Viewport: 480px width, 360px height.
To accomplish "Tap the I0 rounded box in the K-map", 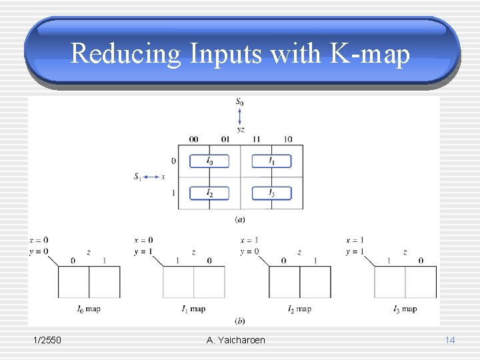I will click(209, 161).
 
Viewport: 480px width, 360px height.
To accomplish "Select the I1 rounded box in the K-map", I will click(271, 161).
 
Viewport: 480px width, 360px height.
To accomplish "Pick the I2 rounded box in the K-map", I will click(209, 193).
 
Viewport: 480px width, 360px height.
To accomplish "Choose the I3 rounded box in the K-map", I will click(271, 193).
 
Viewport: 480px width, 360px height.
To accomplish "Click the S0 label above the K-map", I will click(239, 102).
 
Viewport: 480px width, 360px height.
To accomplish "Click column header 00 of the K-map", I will click(193, 139).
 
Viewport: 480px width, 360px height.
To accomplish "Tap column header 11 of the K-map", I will click(256, 139).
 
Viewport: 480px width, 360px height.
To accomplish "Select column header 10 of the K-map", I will click(287, 139).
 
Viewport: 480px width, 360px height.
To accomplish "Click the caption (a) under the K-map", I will click(239, 219).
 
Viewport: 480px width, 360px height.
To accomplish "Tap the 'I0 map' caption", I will click(88, 309).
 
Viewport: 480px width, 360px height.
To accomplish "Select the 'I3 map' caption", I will click(405, 309).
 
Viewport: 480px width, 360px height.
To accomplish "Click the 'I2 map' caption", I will click(299, 309).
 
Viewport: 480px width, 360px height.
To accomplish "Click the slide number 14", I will click(450, 340).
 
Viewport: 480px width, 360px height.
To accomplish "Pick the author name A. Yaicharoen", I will click(236, 340).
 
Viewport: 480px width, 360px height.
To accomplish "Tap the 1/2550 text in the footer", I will click(47, 340).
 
